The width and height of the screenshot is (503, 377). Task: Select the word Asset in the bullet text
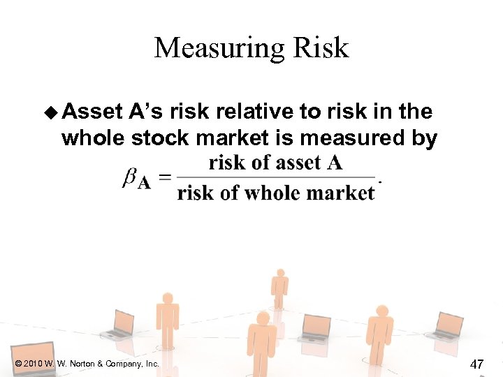94,111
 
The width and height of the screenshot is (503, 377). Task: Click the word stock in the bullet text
163,138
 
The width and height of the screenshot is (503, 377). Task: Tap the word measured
348,138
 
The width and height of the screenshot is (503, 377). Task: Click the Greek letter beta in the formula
129,178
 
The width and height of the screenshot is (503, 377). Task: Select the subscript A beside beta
144,183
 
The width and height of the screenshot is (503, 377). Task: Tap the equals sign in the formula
165,178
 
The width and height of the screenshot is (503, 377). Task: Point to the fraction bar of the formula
276,177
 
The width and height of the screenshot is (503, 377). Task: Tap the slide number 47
478,363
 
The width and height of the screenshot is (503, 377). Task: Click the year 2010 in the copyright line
34,364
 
